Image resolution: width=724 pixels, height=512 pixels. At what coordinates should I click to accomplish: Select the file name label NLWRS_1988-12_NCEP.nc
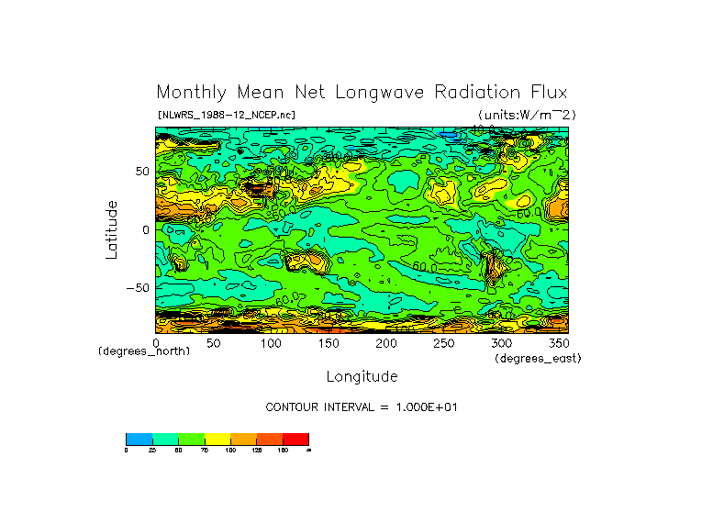(227, 115)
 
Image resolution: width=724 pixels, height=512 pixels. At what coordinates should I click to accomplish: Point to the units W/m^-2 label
(528, 115)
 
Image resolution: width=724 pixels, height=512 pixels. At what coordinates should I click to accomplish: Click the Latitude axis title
(112, 229)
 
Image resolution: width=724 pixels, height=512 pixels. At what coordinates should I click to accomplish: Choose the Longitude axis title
(362, 376)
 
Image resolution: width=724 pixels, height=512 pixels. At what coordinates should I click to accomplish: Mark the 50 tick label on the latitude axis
(142, 172)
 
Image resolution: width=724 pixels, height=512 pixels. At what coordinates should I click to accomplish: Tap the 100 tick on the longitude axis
(271, 342)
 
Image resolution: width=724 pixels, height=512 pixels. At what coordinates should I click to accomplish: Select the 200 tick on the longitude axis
(386, 342)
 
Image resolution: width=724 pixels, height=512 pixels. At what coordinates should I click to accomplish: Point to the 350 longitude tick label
(560, 342)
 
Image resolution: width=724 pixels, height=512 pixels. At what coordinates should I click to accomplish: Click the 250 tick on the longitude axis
(444, 342)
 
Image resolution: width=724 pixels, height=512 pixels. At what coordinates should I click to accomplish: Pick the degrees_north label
(144, 351)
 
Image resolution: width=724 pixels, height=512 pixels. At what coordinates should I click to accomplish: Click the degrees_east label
(538, 358)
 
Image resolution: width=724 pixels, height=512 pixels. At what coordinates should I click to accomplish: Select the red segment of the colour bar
(295, 439)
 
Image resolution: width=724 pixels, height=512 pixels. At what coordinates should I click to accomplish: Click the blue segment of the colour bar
(139, 439)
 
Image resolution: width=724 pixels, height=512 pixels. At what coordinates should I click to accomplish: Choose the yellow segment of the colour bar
(217, 439)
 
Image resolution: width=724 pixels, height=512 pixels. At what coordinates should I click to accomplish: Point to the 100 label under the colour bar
(229, 451)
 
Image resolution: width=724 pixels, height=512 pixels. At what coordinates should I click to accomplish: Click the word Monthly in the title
(189, 93)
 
